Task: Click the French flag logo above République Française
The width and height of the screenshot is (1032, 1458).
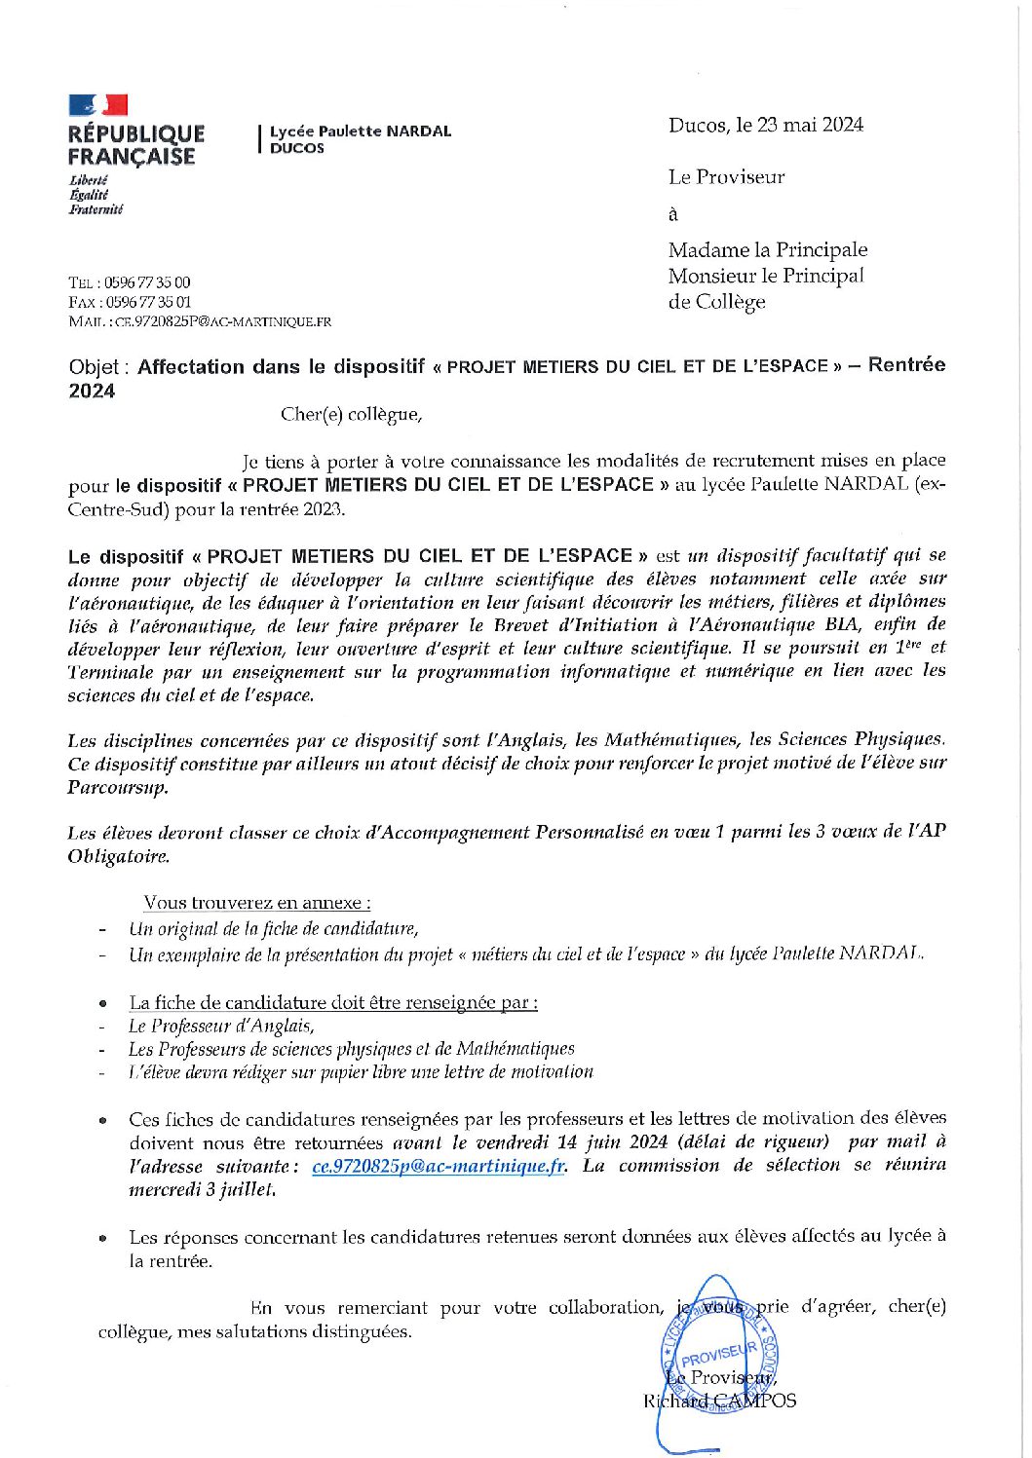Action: (x=97, y=105)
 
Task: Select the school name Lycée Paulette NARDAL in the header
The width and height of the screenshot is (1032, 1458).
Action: (x=361, y=131)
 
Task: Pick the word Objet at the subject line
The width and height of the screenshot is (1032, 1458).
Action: (x=94, y=367)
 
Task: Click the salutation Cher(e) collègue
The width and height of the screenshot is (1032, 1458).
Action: (x=351, y=415)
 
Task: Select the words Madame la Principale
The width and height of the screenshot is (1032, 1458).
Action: (x=767, y=250)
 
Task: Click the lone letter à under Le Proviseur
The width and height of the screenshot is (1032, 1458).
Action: (x=672, y=214)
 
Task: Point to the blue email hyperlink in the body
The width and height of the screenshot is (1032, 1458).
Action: (x=439, y=1167)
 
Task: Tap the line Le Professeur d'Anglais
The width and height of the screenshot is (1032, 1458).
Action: (x=221, y=1026)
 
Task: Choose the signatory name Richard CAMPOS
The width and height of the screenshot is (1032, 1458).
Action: (x=719, y=1402)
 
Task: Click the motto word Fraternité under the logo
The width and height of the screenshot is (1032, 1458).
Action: (x=96, y=209)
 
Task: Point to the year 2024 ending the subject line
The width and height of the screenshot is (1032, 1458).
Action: (x=92, y=392)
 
